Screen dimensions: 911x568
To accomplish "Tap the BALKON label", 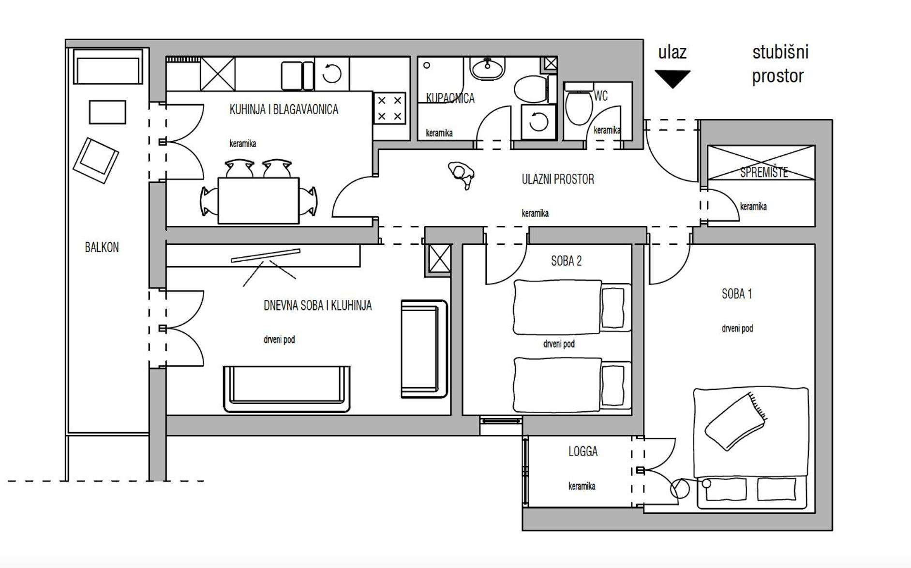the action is click(102, 247).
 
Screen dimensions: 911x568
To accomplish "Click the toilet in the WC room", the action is click(579, 105).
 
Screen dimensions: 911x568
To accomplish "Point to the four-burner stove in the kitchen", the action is click(389, 108).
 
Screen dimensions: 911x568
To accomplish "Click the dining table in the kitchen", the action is click(258, 200).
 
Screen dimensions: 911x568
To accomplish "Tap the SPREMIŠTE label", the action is click(764, 172).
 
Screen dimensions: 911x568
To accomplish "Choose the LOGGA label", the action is click(583, 451).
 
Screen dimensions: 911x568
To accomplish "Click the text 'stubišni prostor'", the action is click(780, 64).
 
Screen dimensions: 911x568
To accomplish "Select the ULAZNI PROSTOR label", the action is click(558, 179).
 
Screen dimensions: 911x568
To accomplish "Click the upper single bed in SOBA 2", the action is click(572, 307).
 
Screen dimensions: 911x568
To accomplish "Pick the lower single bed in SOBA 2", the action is click(572, 385).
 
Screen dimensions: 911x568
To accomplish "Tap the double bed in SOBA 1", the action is click(751, 448).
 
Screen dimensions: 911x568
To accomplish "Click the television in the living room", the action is click(265, 255).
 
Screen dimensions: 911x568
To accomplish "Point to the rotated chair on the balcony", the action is click(96, 161).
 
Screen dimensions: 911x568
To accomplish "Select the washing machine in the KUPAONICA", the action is click(538, 121).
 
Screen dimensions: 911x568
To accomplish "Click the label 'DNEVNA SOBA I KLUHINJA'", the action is click(317, 305).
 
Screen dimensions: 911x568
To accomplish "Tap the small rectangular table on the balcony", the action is click(107, 112).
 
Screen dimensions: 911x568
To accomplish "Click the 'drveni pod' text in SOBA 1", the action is click(737, 329).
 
